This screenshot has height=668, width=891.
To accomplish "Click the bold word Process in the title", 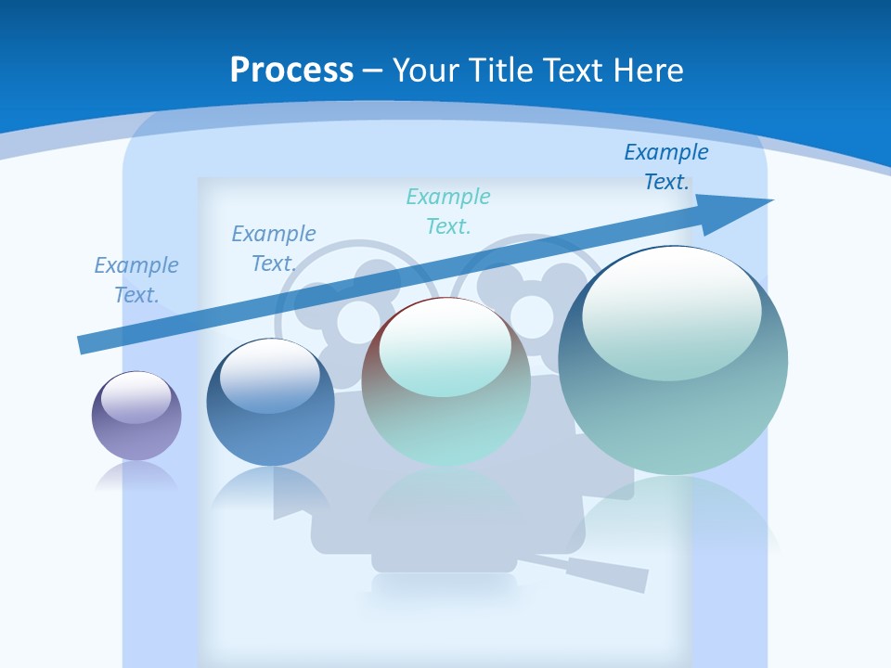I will point(291,71).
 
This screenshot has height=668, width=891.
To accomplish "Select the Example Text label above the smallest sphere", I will point(136,280).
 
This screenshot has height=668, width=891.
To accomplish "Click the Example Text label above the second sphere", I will point(274,249).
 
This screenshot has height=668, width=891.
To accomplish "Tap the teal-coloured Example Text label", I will point(448,212).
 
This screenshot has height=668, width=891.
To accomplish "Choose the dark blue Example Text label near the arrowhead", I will point(666,167).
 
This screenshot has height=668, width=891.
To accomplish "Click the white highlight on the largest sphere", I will point(671,311).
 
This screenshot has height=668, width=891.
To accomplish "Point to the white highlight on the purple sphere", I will point(136,398).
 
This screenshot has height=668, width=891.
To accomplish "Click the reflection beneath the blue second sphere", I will point(270,487).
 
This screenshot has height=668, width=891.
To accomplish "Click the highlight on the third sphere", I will point(445,348).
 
